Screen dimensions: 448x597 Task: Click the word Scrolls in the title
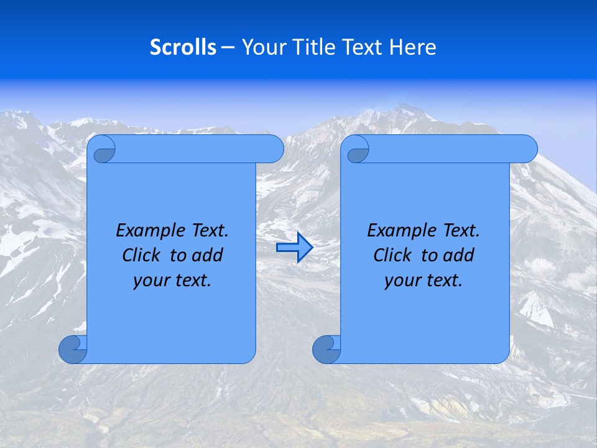click(183, 47)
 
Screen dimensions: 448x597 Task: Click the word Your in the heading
click(263, 47)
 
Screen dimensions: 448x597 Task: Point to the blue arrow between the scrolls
click(294, 248)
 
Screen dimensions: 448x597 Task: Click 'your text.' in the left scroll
click(172, 280)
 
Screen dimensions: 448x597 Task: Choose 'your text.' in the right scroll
click(423, 280)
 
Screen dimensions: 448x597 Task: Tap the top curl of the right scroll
click(358, 150)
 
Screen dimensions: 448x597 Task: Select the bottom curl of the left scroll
click(72, 349)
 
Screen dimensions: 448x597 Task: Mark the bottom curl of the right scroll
click(326, 349)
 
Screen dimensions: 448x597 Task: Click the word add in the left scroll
click(208, 255)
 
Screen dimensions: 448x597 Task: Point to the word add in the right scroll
click(460, 255)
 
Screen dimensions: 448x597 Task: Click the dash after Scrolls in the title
click(228, 47)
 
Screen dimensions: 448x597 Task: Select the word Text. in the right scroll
click(461, 231)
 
